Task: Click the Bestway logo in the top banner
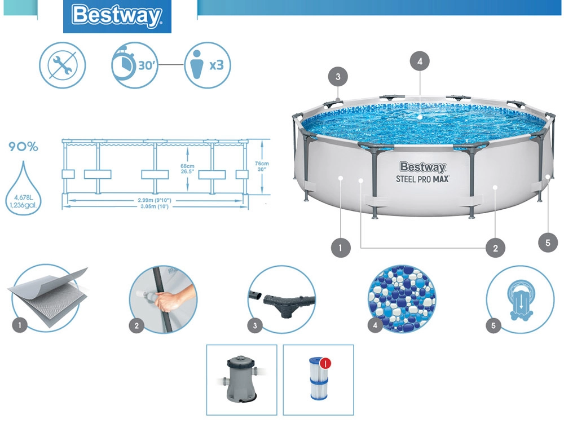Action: (x=117, y=16)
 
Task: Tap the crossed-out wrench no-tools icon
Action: (x=62, y=65)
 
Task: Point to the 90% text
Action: (x=23, y=147)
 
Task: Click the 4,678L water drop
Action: (x=23, y=186)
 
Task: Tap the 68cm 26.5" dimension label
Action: (x=187, y=169)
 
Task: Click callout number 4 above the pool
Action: (x=418, y=61)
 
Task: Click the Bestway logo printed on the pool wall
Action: (x=422, y=167)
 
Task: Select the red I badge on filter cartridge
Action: (x=325, y=363)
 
